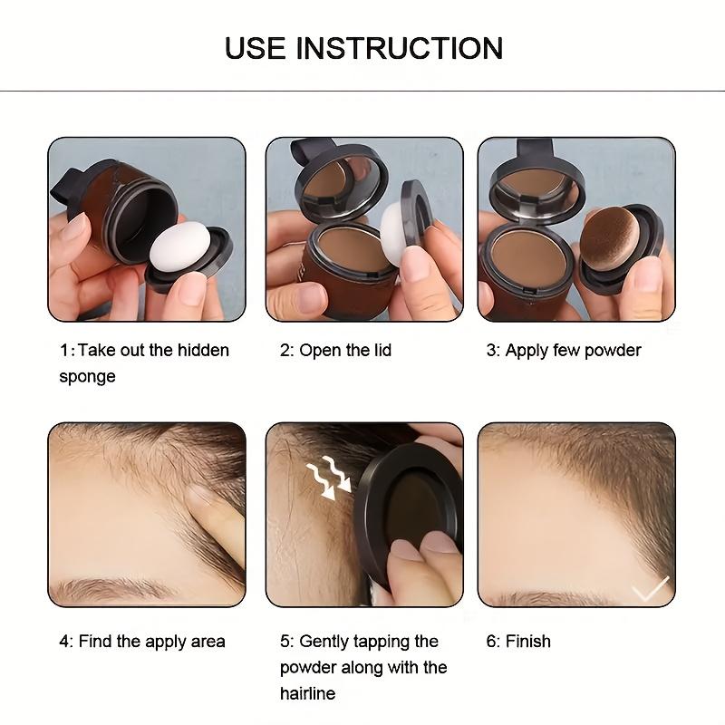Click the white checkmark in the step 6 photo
tap(650, 589)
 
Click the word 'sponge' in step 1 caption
tap(87, 376)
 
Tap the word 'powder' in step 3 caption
tap(611, 351)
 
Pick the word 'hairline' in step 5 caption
tap(307, 693)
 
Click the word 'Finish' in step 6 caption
tap(527, 642)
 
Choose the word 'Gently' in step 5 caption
tap(330, 642)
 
